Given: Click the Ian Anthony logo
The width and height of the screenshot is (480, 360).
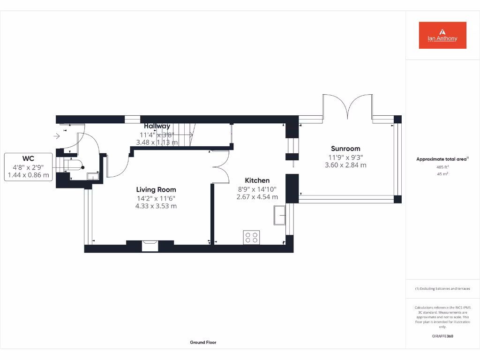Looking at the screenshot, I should point(442,35).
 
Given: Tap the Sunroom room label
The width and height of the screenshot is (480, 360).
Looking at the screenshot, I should point(345,149).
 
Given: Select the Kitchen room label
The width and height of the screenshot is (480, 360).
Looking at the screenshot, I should point(257,180).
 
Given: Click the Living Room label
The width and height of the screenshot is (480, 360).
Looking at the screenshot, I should point(156,189).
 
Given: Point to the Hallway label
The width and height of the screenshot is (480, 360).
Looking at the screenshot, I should point(157,126).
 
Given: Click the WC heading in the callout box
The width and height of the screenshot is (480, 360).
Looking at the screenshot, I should point(28,158).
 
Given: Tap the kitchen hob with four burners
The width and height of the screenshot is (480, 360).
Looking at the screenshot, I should point(251,237).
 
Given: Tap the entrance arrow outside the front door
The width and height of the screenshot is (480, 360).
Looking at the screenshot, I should point(57,136).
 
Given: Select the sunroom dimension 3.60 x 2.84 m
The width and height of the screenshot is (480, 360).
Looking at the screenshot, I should point(345,165).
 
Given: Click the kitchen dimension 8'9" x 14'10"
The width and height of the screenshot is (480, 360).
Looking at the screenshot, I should point(257,189).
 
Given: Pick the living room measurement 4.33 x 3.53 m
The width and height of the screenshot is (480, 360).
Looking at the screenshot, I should point(156,206).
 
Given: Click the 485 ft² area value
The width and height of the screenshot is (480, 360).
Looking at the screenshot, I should point(442,167).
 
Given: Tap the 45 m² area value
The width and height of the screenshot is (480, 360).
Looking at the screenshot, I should point(442,174).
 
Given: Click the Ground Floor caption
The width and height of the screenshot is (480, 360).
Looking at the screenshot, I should point(203,342).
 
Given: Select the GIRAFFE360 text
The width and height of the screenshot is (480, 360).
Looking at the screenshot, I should point(442,336).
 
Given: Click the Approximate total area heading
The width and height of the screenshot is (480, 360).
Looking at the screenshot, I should point(442,159).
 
